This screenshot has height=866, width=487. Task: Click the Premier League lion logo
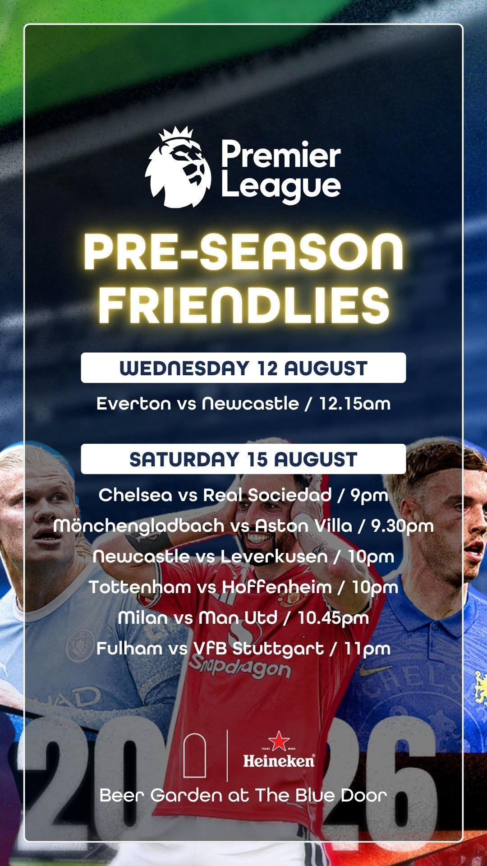click(178, 166)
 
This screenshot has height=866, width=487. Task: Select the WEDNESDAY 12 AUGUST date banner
click(243, 368)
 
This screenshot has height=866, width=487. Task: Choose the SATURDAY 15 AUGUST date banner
click(243, 459)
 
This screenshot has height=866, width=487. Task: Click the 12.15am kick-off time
click(355, 403)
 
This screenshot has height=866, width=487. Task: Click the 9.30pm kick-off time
click(402, 526)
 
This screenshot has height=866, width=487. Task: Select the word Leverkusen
click(274, 556)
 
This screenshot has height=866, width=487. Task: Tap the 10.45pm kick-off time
click(333, 618)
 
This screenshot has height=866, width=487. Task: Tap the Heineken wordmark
click(279, 762)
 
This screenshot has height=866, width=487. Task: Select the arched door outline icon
click(195, 755)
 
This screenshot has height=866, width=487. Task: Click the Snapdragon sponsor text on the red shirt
click(239, 667)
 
